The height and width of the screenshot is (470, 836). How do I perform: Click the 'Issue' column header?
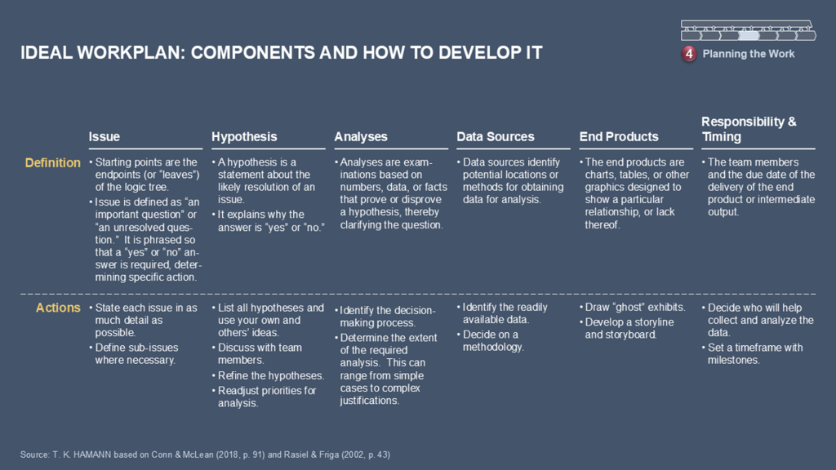coord(104,137)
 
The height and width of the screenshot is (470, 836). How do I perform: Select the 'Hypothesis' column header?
coord(244,137)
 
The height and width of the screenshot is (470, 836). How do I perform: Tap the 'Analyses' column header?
coord(360,137)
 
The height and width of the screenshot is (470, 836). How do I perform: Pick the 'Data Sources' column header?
coord(496,137)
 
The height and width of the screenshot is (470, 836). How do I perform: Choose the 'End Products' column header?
coord(619,137)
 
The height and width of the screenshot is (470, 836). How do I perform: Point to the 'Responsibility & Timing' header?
coord(749,130)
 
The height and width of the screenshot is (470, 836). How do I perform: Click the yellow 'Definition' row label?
coord(53,163)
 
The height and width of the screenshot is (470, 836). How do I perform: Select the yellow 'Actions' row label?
coord(58,308)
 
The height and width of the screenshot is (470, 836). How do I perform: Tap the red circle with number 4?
coord(689,54)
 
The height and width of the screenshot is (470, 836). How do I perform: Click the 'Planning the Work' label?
coord(748,54)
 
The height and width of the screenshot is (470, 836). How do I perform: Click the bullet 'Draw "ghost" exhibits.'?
coord(633,308)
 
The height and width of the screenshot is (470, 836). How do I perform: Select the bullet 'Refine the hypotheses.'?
coord(268,375)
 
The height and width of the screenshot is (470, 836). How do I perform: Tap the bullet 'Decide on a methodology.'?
coord(491,341)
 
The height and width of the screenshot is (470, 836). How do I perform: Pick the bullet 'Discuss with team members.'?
coord(257,354)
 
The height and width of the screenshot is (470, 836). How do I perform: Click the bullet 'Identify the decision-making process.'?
coord(385,317)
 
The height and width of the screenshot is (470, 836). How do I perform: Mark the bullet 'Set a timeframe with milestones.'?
coord(752,354)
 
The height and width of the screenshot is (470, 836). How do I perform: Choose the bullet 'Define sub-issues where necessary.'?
coord(134,354)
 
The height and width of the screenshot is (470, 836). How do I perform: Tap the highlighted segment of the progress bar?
coord(748,35)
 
